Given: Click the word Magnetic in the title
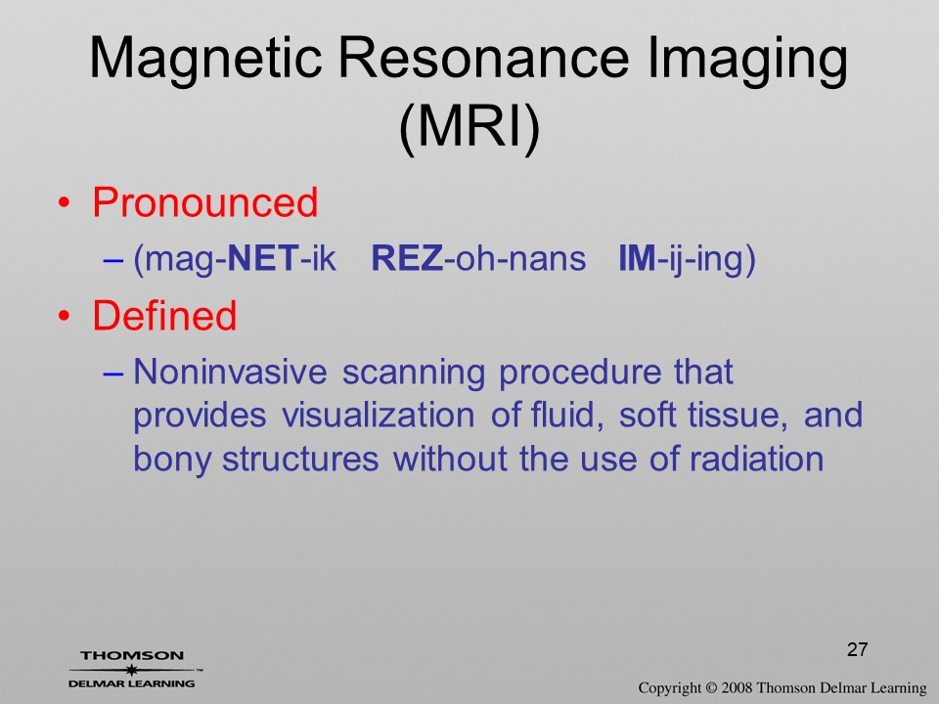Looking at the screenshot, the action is [206, 59].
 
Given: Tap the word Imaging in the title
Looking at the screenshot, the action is [747, 59].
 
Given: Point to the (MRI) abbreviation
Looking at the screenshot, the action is [469, 127].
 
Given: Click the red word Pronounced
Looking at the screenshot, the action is [204, 201].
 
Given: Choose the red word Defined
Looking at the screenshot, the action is [164, 315].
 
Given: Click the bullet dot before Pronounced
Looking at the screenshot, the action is [64, 203].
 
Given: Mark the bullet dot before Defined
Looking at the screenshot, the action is [64, 316].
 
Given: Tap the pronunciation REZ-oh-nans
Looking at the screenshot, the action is [478, 258].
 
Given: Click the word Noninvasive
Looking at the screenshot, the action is [230, 372].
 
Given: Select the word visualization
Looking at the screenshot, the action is [378, 415].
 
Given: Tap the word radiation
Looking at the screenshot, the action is [756, 459].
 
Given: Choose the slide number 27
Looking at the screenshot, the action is [858, 649].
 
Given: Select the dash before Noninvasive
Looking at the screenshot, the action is [112, 373].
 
